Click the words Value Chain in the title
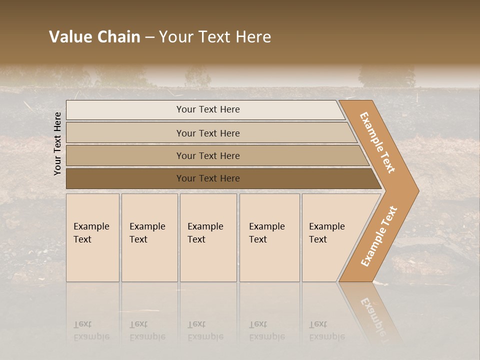pyautogui.click(x=94, y=37)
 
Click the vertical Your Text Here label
pyautogui.click(x=57, y=143)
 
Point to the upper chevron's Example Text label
pyautogui.click(x=377, y=142)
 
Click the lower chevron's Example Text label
pyautogui.click(x=378, y=236)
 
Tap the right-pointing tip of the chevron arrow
pyautogui.click(x=416, y=191)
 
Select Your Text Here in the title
pyautogui.click(x=215, y=37)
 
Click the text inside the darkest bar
pyautogui.click(x=208, y=178)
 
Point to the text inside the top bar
pyautogui.click(x=208, y=109)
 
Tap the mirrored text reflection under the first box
pyautogui.click(x=91, y=330)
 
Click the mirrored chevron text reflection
pyautogui.click(x=372, y=312)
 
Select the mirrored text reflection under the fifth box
pyautogui.click(x=326, y=330)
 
